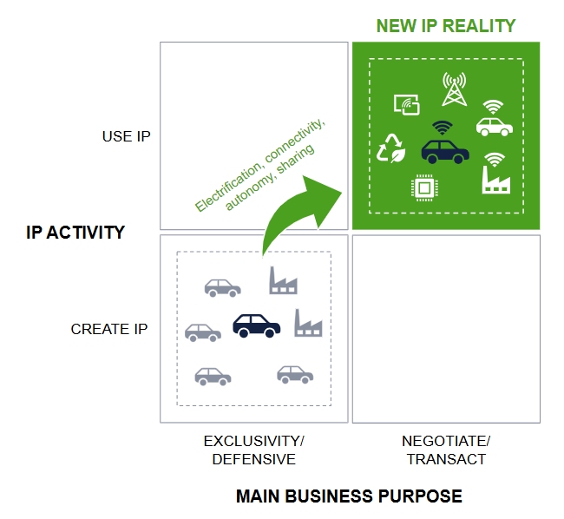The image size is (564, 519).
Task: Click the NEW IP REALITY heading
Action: click(x=445, y=26)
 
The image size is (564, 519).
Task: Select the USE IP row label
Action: click(x=126, y=136)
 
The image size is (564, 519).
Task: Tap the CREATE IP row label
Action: click(x=109, y=329)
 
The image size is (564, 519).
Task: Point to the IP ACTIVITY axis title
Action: click(x=75, y=233)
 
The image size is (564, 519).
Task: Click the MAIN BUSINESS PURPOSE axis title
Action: click(x=349, y=496)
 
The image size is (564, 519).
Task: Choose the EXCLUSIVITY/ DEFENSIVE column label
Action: click(x=253, y=450)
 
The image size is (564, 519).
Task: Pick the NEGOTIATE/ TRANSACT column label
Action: click(x=446, y=450)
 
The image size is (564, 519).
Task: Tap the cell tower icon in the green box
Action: click(x=454, y=89)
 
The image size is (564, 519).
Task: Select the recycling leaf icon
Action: click(x=390, y=148)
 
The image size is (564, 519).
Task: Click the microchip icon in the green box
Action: click(x=423, y=187)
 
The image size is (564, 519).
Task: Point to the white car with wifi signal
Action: click(x=493, y=122)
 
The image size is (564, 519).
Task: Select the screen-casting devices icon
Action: click(x=406, y=104)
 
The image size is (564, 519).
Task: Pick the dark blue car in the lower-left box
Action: click(x=256, y=325)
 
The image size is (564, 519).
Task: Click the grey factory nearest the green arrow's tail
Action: click(x=283, y=280)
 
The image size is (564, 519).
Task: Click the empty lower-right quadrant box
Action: click(x=446, y=329)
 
